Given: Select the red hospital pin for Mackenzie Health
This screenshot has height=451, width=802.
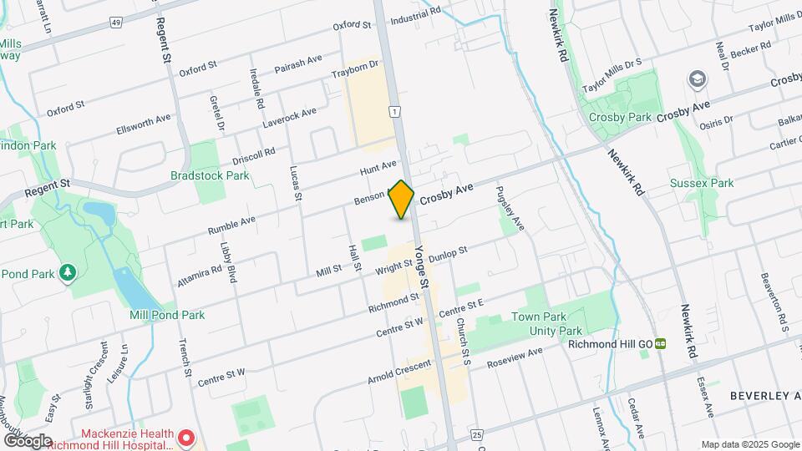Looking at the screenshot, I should click(x=186, y=438).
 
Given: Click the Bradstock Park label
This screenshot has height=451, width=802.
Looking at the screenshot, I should click(x=210, y=176).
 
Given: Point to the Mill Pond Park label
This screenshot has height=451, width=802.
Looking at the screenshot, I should click(x=167, y=316).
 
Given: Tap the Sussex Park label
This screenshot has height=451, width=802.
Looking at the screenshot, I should click(x=702, y=183).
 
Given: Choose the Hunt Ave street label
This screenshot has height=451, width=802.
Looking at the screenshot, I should click(x=378, y=169).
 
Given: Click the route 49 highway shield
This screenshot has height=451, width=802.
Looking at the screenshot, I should click(x=115, y=21).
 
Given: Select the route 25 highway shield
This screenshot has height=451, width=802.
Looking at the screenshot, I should click(x=477, y=435).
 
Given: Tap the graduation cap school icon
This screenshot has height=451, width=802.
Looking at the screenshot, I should click(x=696, y=79).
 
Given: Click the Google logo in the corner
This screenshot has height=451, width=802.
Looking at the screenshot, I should click(x=28, y=440).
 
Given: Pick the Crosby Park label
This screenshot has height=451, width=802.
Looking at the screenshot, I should click(x=619, y=118).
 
